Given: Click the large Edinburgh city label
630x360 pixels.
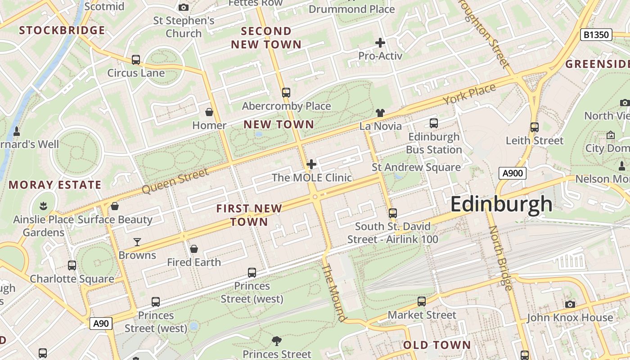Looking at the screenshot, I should click(x=501, y=204).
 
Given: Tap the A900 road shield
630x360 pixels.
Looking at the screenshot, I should click(x=512, y=173).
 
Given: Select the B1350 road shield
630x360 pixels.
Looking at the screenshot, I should click(x=596, y=35).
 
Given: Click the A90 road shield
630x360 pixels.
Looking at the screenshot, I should click(x=101, y=323).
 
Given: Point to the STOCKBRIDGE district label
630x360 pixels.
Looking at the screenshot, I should click(x=62, y=31).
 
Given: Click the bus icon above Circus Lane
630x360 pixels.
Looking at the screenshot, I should click(x=135, y=60).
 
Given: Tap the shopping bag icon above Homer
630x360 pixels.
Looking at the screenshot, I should click(x=209, y=112).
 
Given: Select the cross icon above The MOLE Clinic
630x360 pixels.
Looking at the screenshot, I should click(x=311, y=164).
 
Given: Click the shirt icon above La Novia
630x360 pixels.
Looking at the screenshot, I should click(x=380, y=113).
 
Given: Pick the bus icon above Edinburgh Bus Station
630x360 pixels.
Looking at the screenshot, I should click(x=434, y=123).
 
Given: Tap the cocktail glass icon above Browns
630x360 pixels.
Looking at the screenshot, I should click(x=137, y=242).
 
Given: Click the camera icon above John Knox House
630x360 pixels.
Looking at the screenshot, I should click(x=570, y=305).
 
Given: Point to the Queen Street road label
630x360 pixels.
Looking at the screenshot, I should click(x=175, y=181).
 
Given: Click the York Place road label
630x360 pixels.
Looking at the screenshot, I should click(x=469, y=94).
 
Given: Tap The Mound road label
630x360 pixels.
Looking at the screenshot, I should click(x=334, y=292).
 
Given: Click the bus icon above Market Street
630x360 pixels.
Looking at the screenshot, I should click(x=422, y=301).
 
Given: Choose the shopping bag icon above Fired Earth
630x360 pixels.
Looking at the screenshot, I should click(x=194, y=249).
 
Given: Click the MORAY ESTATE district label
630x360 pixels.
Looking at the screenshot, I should click(x=55, y=185).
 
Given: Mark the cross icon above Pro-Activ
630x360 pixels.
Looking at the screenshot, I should click(x=380, y=43).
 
